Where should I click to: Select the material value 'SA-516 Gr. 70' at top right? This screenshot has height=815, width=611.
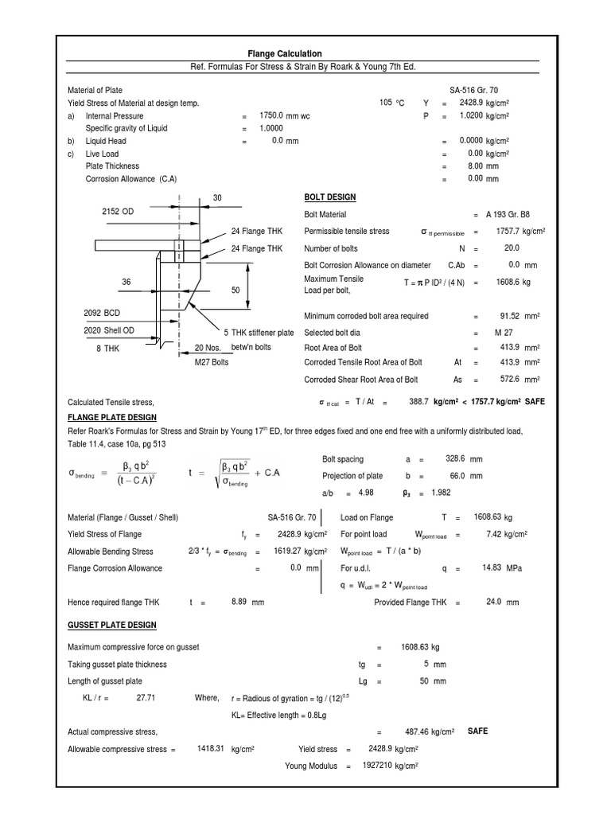pyautogui.click(x=474, y=91)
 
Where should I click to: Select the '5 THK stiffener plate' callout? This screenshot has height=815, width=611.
pyautogui.click(x=259, y=333)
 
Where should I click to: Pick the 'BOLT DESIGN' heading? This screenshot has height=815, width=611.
pyautogui.click(x=330, y=197)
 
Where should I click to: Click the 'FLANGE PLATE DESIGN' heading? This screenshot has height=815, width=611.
pyautogui.click(x=112, y=417)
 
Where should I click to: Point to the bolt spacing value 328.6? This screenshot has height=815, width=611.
pyautogui.click(x=454, y=459)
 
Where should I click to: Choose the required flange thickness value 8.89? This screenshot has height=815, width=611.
pyautogui.click(x=241, y=602)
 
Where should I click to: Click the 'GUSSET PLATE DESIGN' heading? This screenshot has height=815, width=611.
pyautogui.click(x=112, y=625)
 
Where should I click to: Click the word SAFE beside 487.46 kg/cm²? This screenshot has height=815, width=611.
pyautogui.click(x=478, y=731)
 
